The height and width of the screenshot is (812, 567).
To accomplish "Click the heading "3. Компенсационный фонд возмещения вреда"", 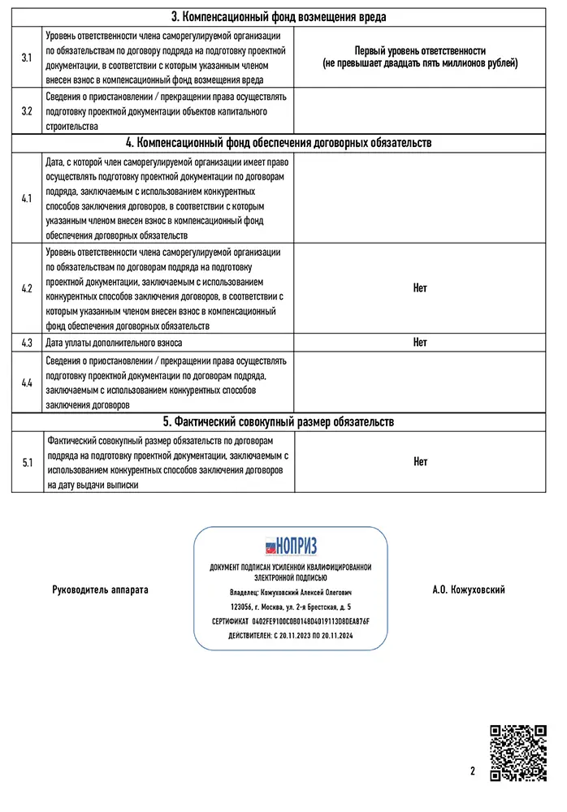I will click(279, 17).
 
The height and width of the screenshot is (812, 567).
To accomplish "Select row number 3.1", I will click(27, 58).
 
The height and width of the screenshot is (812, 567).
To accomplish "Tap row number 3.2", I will click(27, 111).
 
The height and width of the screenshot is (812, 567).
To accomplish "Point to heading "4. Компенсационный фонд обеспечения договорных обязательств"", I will click(279, 143).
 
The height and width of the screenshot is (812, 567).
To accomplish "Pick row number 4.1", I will click(27, 198).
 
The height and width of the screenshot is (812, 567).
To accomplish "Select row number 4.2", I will click(27, 288).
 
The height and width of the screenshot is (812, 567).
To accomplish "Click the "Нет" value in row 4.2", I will click(419, 288).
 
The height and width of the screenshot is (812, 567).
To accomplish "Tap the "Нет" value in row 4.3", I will click(419, 343).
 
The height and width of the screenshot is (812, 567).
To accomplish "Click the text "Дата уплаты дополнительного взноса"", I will click(115, 343).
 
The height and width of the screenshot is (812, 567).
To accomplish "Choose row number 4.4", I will click(27, 382).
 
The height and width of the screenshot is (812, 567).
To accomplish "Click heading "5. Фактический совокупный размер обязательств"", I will click(279, 422).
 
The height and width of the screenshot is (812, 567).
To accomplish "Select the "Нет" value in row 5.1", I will click(419, 462).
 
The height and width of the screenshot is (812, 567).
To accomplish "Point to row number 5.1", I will click(27, 462).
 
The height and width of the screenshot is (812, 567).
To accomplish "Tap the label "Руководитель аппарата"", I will click(101, 590).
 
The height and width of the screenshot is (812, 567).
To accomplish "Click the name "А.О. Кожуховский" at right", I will click(469, 590).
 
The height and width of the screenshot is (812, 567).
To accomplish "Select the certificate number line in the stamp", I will click(290, 620).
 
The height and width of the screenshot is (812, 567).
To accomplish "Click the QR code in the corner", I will click(518, 753).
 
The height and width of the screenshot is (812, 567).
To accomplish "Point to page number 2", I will click(472, 771).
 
